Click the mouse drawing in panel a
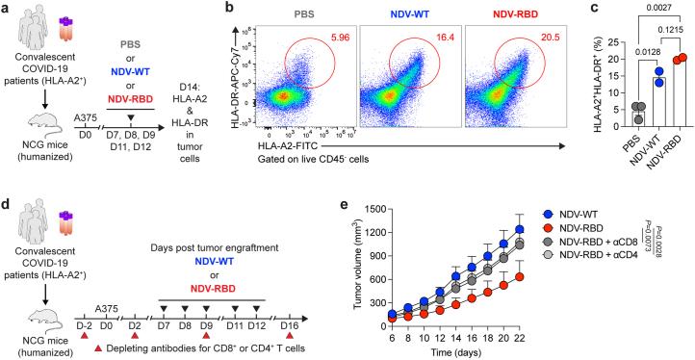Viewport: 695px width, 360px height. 38,117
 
